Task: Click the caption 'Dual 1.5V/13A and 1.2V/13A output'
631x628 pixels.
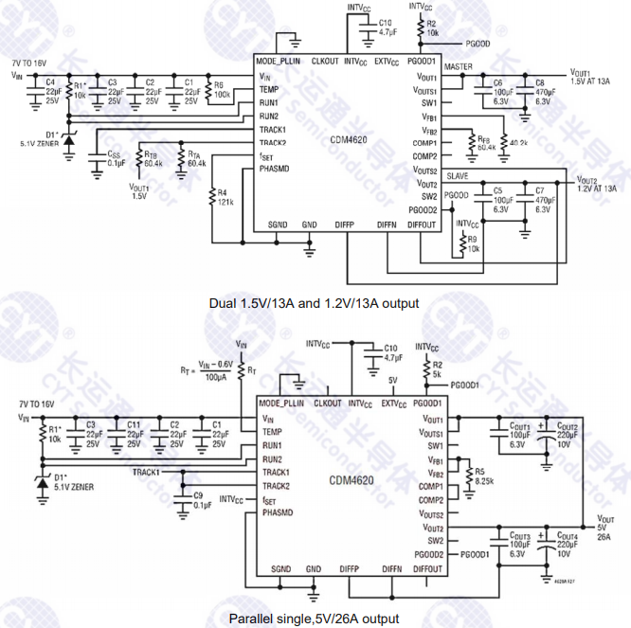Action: coord(315,304)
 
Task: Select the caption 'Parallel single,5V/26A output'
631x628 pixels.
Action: coord(315,619)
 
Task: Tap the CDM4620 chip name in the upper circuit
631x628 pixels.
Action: coord(348,139)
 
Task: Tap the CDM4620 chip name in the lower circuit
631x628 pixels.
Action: coord(352,480)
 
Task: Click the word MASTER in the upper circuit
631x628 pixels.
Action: coord(459,68)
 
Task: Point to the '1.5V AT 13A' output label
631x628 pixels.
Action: coord(592,82)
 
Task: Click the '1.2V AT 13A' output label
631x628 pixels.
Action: coord(597,188)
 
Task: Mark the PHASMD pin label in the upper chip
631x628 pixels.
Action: coord(276,169)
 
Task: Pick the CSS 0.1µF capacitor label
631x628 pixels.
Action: coord(116,158)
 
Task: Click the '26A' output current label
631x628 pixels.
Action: coord(603,536)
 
